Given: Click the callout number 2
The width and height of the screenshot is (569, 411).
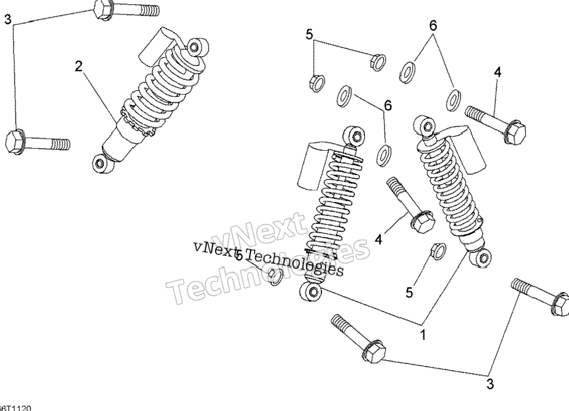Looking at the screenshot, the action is (78, 66).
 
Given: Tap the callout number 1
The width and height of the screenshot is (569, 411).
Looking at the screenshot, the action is (423, 334).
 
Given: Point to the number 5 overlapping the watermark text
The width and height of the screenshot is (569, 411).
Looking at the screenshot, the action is (239, 256).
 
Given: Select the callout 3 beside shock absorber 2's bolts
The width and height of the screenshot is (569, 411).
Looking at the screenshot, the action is (7, 20).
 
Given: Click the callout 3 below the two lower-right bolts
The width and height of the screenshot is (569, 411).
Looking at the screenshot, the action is (490, 384).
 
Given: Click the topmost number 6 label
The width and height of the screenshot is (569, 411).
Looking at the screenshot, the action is (433, 25).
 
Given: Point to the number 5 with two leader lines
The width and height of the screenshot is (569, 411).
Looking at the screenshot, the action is (309, 35).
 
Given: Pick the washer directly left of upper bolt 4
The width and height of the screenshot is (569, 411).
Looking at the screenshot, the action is (453, 100).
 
